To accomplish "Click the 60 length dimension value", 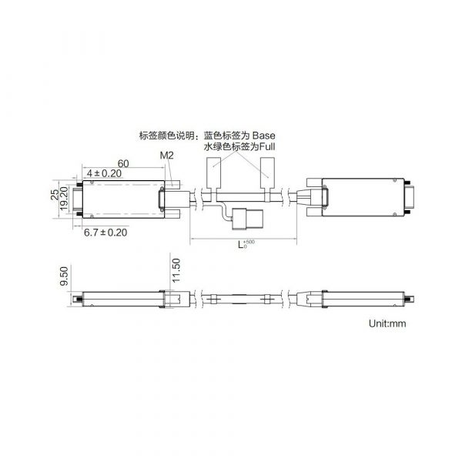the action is coord(123,163).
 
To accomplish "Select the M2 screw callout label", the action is coord(167,156).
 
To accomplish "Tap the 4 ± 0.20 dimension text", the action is coord(104,173).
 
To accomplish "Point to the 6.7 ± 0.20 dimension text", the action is coord(105,233).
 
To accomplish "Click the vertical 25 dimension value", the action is coord(55,195).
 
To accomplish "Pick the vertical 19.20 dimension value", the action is coord(64,199).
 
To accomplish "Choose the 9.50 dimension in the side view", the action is coord(64,276).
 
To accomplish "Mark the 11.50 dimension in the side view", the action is coord(176,270).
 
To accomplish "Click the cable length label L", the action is coord(241,245).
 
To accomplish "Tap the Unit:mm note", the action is coord(387,323).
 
